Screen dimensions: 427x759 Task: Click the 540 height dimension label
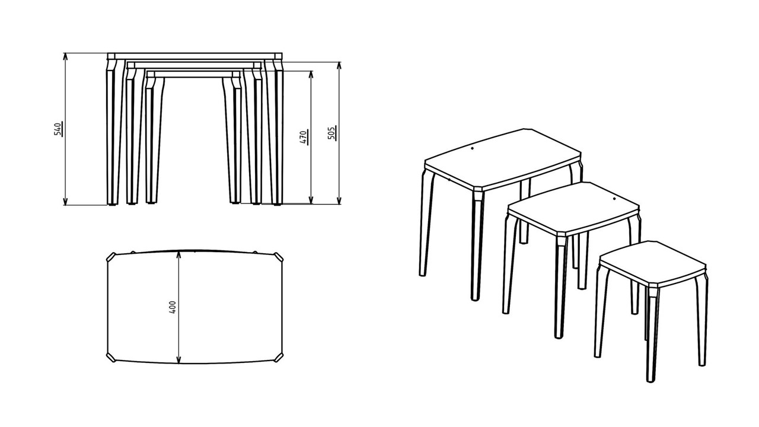(x=58, y=129)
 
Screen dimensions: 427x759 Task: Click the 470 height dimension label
(x=303, y=137)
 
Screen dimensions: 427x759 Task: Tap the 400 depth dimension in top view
(x=172, y=307)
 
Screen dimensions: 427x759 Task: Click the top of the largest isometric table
(x=503, y=160)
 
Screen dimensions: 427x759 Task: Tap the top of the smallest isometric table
(x=652, y=263)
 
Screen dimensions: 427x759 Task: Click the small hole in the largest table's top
(x=473, y=149)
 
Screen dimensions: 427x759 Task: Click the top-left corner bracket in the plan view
(x=111, y=257)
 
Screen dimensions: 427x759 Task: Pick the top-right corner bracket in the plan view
(x=279, y=257)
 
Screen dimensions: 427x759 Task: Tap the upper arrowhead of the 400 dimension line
(x=178, y=254)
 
